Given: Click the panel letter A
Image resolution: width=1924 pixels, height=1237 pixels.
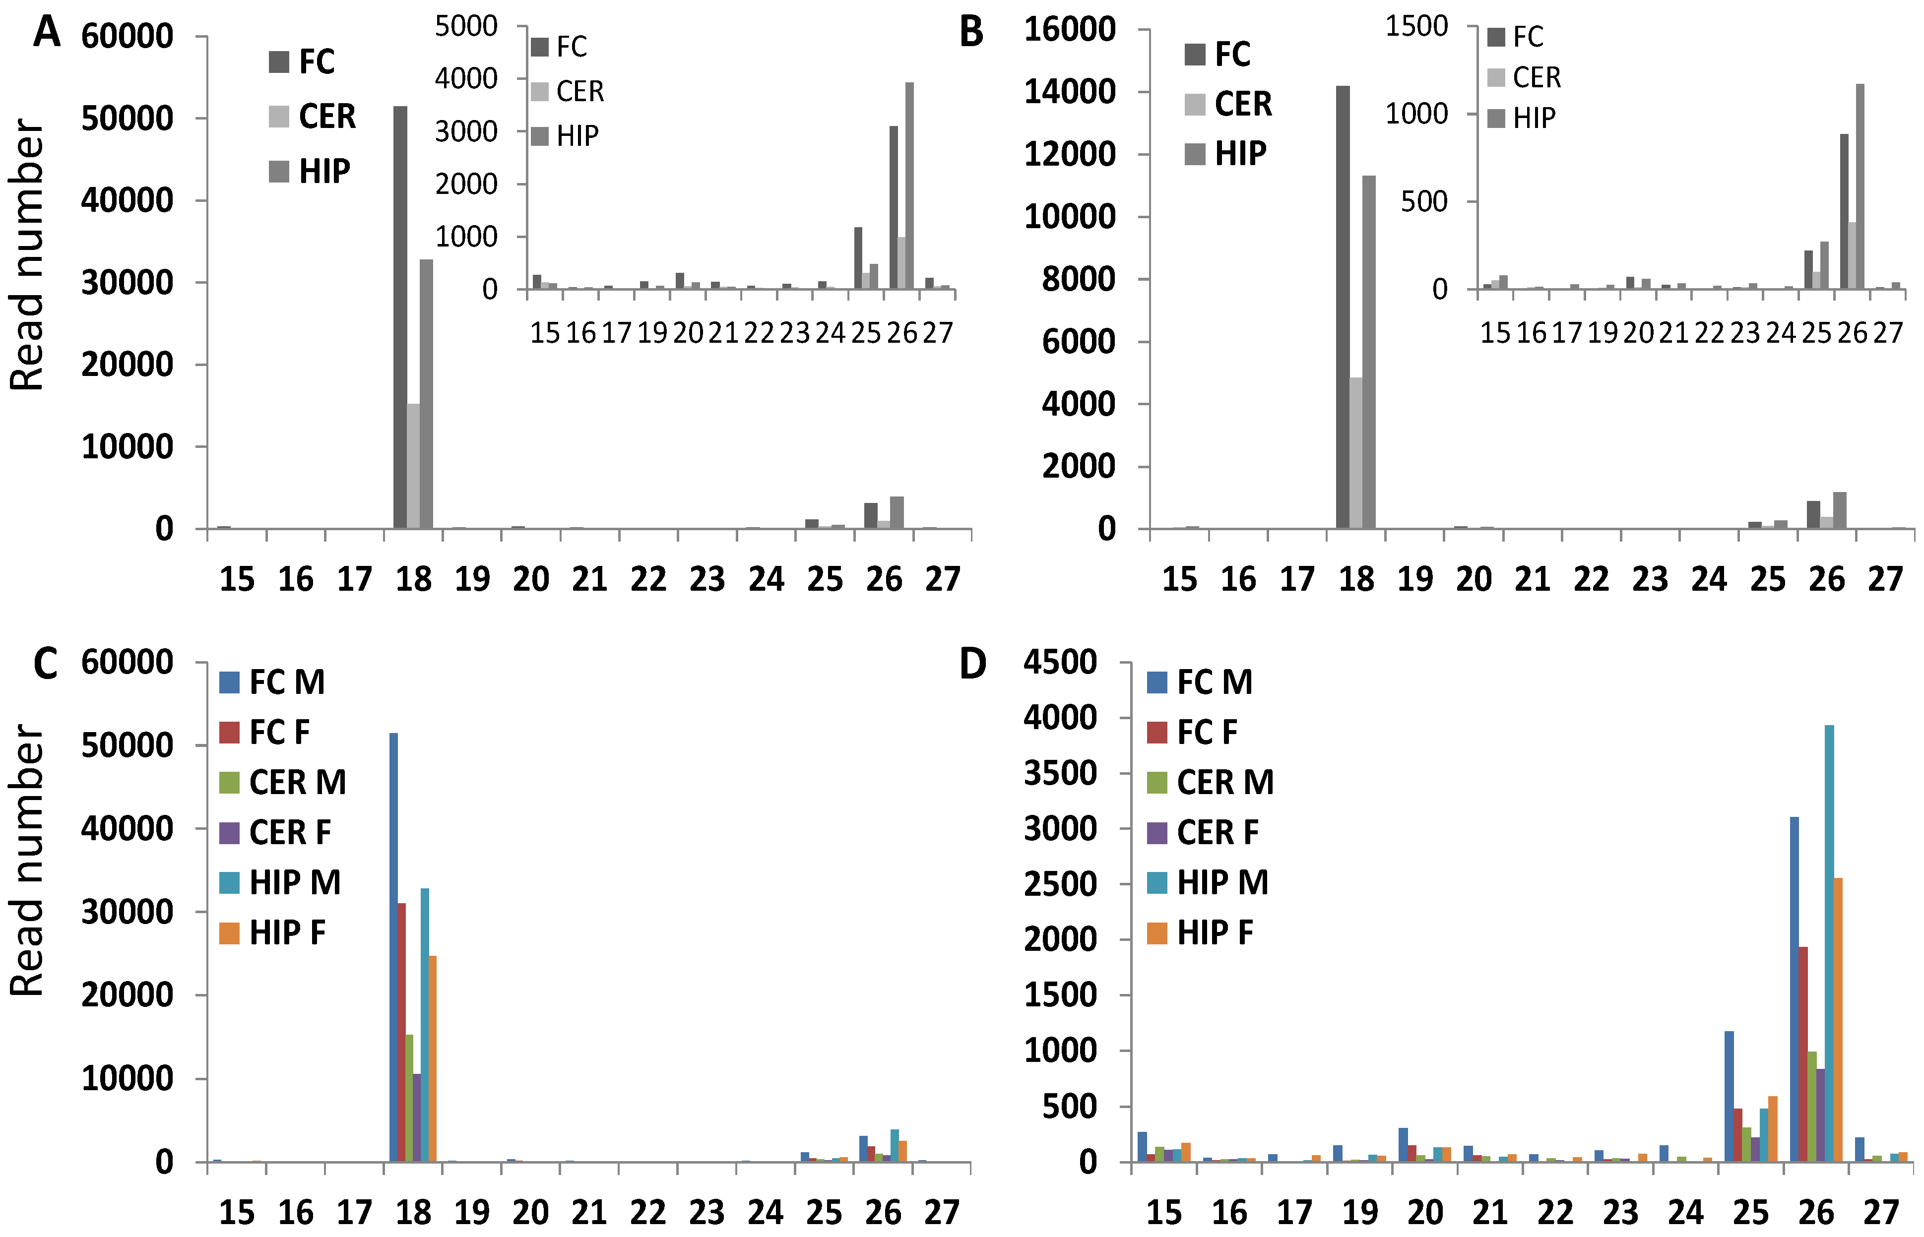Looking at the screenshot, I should tap(47, 34).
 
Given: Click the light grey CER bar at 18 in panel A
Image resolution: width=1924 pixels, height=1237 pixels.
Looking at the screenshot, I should tap(413, 466).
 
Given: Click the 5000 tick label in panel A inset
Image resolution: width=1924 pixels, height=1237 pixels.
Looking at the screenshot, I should tap(466, 26).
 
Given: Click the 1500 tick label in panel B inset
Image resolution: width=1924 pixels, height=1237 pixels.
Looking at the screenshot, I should tap(1416, 26).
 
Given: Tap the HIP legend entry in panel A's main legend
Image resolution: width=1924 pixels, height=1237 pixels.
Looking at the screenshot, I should tap(311, 171).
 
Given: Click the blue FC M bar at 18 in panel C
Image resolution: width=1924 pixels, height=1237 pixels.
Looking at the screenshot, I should tap(393, 948).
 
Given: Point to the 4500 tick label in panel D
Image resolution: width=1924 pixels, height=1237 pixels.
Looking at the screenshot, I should tap(1060, 663).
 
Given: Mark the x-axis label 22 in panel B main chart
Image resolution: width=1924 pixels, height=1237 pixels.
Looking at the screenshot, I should tap(1592, 579).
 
